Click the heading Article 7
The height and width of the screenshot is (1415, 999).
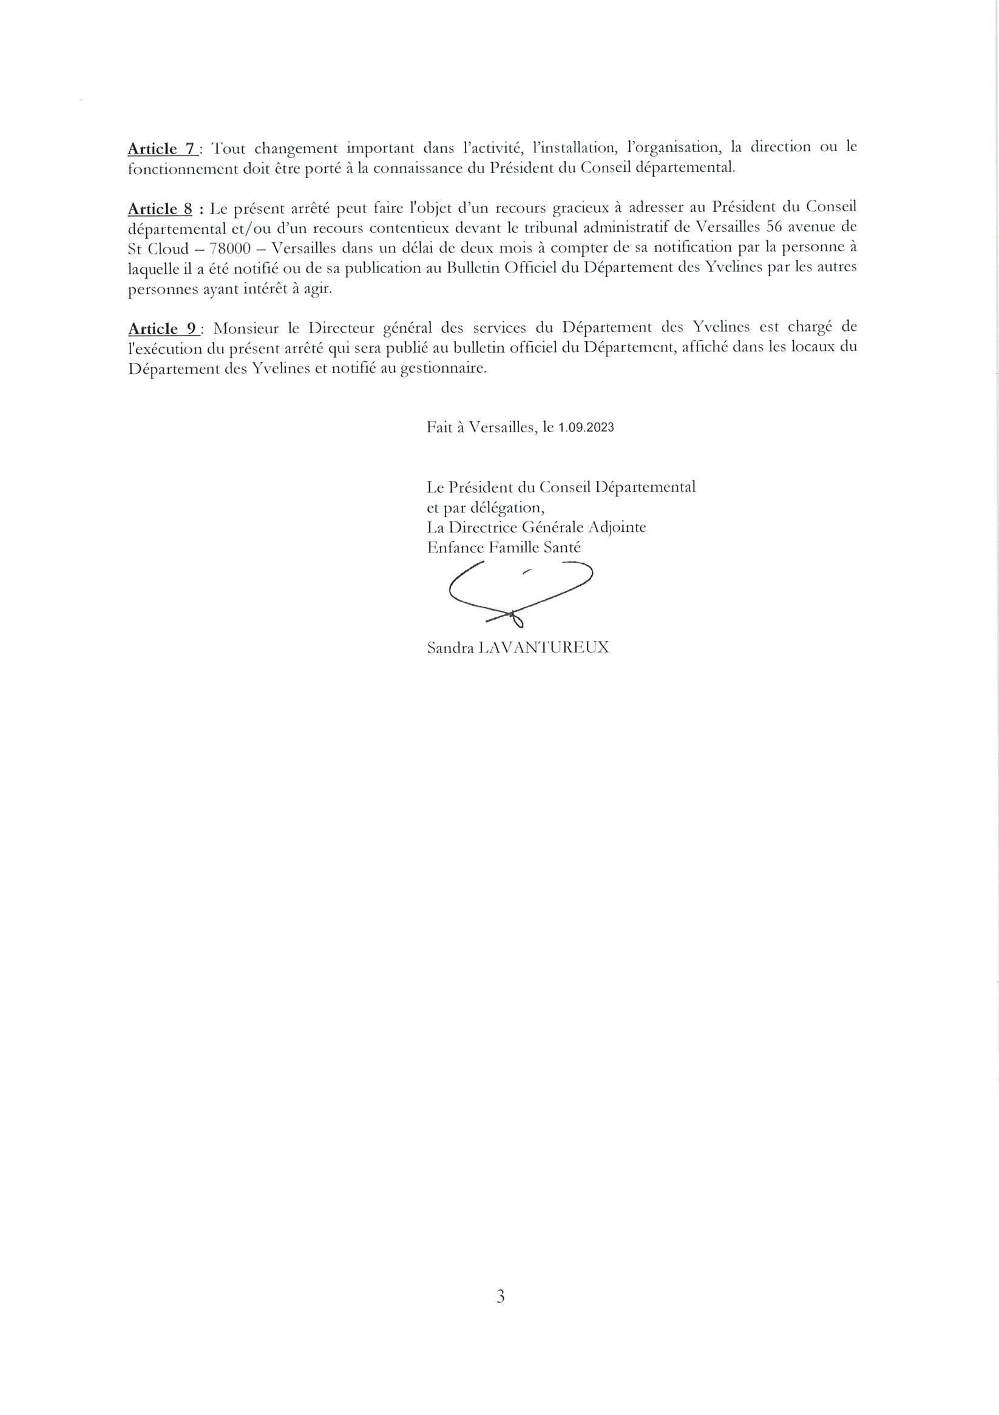[x=162, y=149]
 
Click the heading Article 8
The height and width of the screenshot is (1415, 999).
[x=160, y=208]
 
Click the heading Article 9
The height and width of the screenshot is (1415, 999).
[x=163, y=328]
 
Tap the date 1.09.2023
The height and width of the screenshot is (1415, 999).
[x=586, y=428]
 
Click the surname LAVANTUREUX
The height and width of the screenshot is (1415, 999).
[x=543, y=648]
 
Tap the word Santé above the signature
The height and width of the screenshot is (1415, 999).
[x=561, y=548]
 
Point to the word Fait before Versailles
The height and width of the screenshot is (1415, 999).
[x=438, y=428]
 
